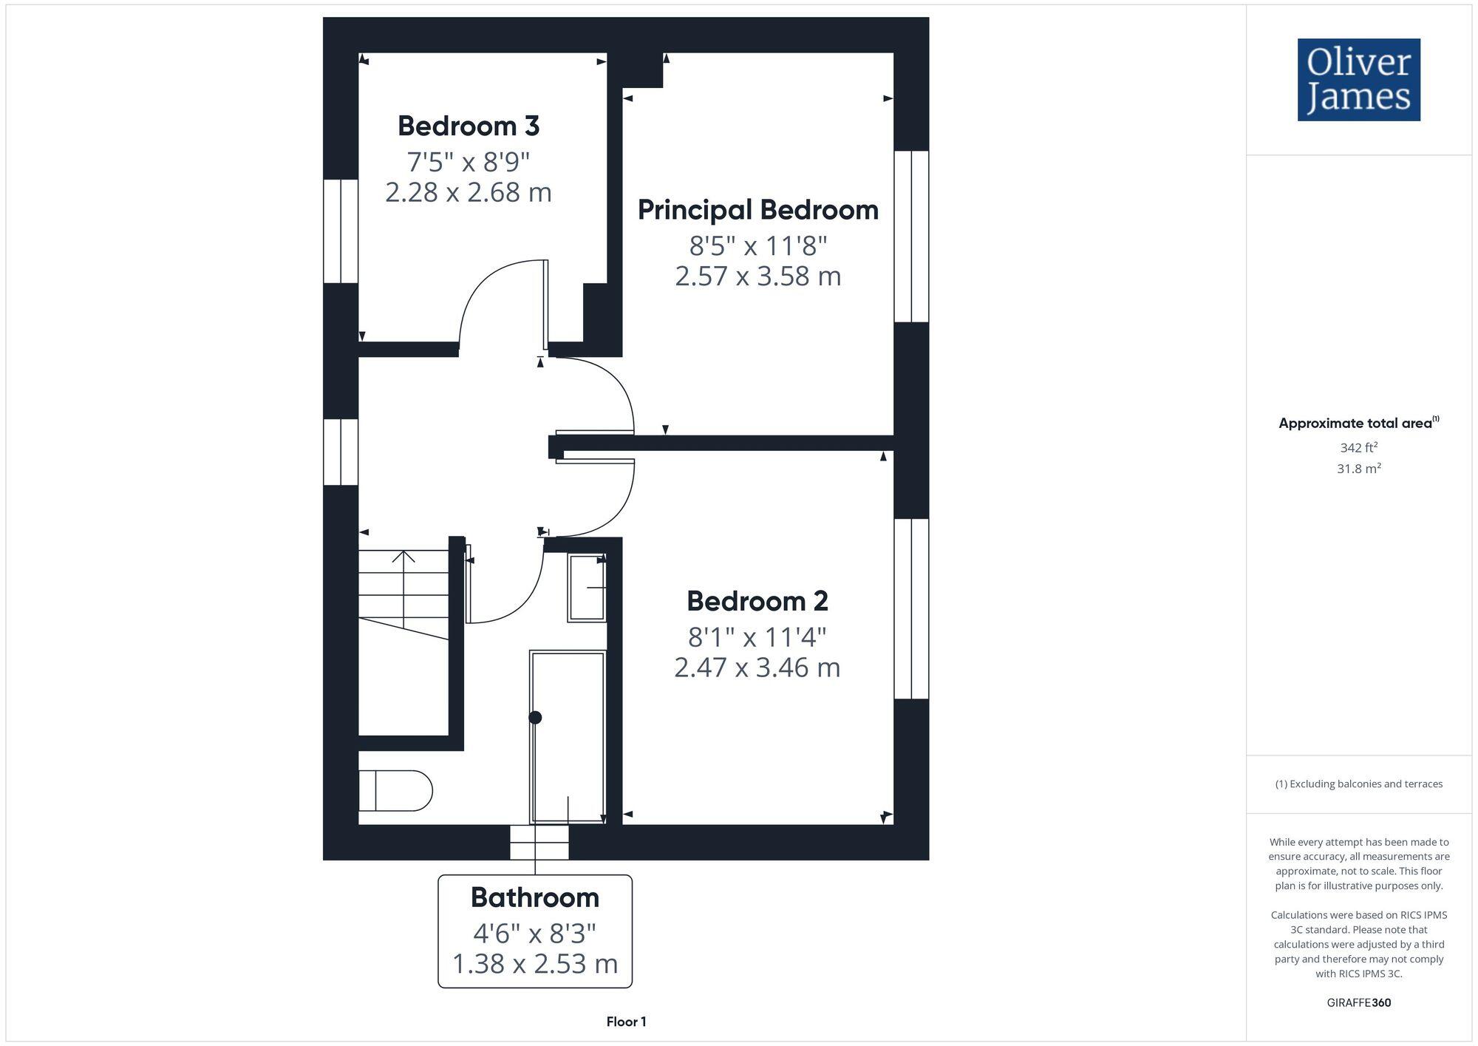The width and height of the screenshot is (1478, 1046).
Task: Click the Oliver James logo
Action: tap(1358, 80)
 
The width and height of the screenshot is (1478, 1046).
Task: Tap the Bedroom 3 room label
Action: tap(469, 126)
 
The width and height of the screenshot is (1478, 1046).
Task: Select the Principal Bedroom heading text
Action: tap(757, 210)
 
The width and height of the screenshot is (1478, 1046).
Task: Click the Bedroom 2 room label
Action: tap(757, 601)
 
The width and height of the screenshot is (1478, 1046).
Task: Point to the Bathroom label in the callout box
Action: tap(534, 897)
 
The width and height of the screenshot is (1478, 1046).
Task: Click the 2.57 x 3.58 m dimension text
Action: tap(757, 276)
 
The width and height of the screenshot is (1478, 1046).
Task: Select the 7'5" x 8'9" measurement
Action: tap(469, 160)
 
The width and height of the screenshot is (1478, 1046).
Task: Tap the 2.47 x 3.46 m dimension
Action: tap(757, 668)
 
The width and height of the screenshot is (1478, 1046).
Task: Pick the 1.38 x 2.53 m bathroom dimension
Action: tap(534, 964)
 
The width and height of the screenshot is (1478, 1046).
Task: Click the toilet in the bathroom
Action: tap(395, 790)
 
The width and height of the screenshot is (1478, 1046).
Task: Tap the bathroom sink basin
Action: tap(587, 588)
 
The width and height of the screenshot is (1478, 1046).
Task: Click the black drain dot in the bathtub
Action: tap(536, 717)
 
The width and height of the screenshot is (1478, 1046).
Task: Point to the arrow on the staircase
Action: tap(403, 557)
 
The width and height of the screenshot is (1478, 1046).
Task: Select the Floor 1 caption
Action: tap(626, 1022)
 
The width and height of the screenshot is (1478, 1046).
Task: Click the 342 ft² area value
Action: tap(1358, 448)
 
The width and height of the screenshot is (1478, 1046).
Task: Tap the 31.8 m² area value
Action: tap(1358, 469)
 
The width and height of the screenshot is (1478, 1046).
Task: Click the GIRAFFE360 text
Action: tap(1358, 1003)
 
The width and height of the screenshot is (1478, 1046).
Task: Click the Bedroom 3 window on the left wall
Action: tap(341, 231)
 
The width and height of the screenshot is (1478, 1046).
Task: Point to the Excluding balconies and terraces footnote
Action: tap(1358, 784)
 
